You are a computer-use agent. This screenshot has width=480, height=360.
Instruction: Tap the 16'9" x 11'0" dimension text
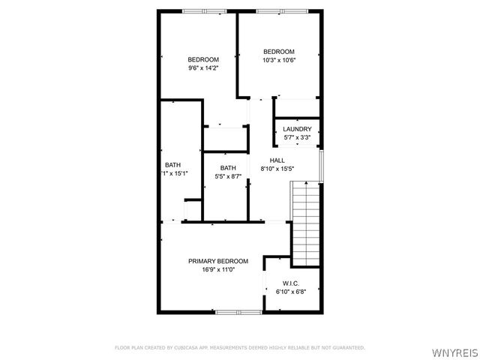tap(217, 269)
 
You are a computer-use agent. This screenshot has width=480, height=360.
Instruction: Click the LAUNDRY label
tap(297, 129)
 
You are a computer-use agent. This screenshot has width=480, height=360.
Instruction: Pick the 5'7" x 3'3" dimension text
tap(297, 137)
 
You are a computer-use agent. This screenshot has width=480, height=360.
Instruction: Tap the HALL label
tap(277, 160)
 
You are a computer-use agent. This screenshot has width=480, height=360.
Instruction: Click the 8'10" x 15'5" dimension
tap(277, 169)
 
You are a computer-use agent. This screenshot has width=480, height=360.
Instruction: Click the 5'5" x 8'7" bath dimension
tap(228, 176)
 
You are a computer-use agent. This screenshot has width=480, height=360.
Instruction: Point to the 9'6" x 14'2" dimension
tap(203, 68)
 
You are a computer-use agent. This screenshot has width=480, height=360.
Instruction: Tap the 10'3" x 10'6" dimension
tap(278, 60)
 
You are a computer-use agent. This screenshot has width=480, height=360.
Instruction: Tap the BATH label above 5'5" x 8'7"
tap(228, 168)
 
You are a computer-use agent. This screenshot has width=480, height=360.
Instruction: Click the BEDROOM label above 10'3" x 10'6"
tap(278, 52)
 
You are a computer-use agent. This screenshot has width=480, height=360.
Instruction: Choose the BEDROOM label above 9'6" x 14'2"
tap(203, 60)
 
